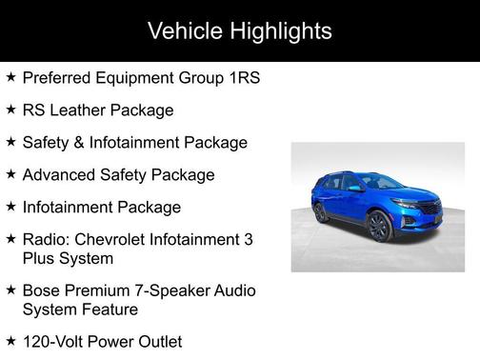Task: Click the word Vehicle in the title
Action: (x=185, y=31)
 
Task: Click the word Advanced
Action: (x=62, y=175)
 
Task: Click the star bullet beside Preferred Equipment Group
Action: (x=10, y=77)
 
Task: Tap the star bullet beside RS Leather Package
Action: (x=10, y=110)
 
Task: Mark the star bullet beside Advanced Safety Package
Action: (x=10, y=174)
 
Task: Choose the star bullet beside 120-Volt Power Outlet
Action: (x=10, y=340)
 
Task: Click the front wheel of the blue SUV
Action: (x=377, y=227)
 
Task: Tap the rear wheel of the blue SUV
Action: (x=321, y=212)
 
